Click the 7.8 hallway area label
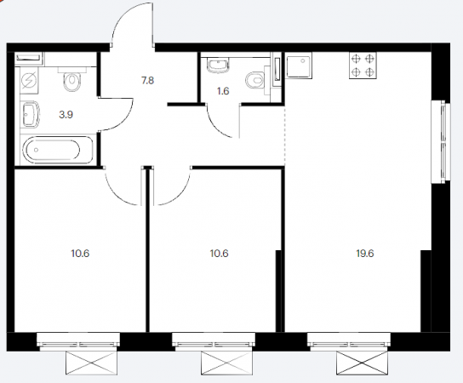click(x=147, y=80)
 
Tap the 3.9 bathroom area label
click(x=66, y=115)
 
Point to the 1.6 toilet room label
click(x=223, y=91)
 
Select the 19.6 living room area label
click(x=365, y=254)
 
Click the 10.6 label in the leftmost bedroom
click(x=80, y=254)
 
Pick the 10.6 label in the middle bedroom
click(x=219, y=254)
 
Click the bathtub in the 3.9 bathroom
click(x=58, y=150)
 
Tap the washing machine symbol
click(x=29, y=81)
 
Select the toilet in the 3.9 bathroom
click(x=72, y=79)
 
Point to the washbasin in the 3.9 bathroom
click(x=30, y=115)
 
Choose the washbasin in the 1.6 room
click(x=218, y=65)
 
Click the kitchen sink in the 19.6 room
click(x=299, y=66)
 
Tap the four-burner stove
click(x=363, y=66)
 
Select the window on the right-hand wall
click(x=442, y=142)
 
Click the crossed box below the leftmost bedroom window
click(x=92, y=363)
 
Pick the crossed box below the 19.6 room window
click(x=363, y=363)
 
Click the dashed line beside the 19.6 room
click(x=284, y=135)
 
